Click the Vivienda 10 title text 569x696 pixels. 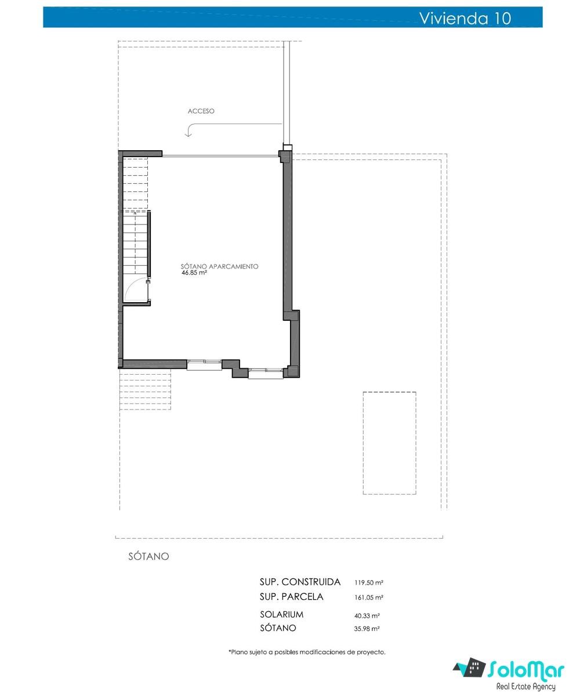point(465,18)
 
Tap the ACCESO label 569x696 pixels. point(201,111)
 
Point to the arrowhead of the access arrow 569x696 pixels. point(188,134)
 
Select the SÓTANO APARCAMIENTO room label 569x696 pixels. point(219,266)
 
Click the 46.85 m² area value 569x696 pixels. point(194,273)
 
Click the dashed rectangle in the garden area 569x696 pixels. point(389,443)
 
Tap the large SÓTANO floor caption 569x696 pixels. point(148,556)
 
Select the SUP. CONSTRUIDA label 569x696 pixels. point(300,582)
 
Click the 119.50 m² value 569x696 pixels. point(368,583)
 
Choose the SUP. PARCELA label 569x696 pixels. point(291,597)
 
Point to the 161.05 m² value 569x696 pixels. point(368,597)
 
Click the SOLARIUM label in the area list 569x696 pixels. point(281,614)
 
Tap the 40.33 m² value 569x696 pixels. point(367,616)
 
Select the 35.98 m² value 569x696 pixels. point(367,629)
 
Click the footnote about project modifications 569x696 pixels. point(307,652)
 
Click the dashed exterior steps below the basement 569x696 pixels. point(145,389)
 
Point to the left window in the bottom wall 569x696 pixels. point(204,365)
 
